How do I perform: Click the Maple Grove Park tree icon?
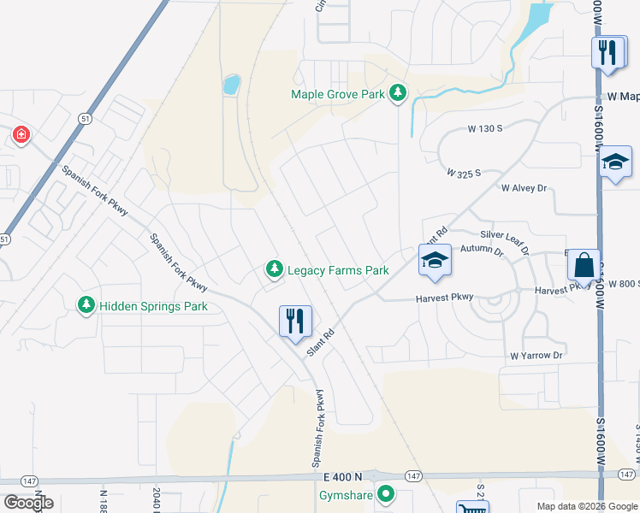[397, 93]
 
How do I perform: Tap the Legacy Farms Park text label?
[338, 270]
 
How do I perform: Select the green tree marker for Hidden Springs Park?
[86, 304]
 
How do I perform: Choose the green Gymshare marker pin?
[386, 493]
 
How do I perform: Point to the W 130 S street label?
[484, 128]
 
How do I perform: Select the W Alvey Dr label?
[524, 187]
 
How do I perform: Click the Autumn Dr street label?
[483, 250]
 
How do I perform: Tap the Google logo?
[28, 503]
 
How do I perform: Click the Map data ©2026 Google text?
[585, 505]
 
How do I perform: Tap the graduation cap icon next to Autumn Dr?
[435, 260]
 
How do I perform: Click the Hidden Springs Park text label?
[153, 305]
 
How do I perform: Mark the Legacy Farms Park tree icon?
[274, 270]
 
